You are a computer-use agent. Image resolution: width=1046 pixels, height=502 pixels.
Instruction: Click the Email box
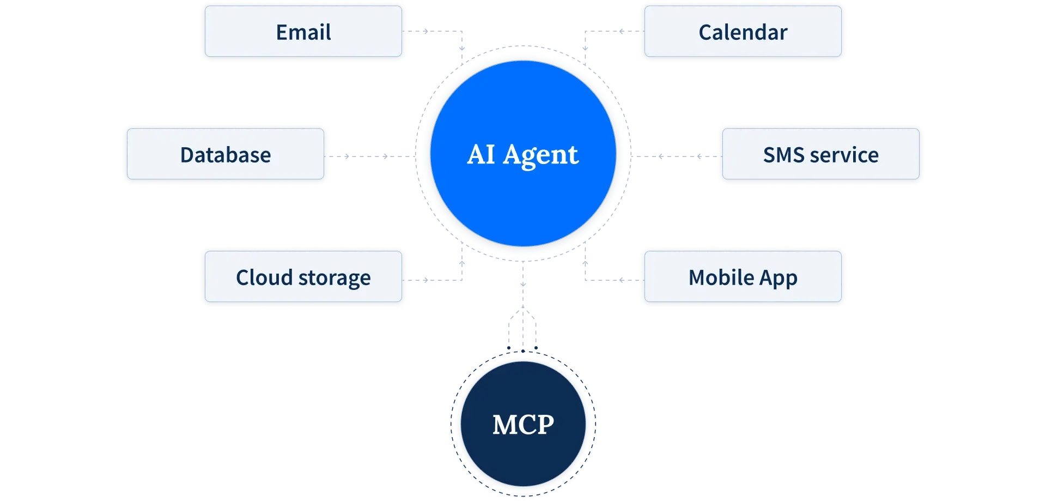(303, 32)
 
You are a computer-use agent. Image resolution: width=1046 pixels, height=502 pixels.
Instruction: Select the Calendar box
(743, 32)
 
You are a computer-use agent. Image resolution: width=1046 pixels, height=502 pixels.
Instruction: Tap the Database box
(226, 155)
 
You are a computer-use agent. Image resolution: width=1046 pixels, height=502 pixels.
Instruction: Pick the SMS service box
(820, 155)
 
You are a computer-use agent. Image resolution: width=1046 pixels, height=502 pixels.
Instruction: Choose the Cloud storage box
(303, 277)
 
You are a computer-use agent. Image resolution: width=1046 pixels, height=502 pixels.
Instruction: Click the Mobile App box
(743, 277)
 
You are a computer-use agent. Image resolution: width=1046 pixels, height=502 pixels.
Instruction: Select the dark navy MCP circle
(523, 458)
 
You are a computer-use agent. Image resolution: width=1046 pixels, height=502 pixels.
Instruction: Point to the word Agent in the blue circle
(540, 155)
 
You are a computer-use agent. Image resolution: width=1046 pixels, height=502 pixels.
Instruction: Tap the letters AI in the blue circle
(481, 154)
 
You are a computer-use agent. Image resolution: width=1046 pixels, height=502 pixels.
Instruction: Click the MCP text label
(523, 425)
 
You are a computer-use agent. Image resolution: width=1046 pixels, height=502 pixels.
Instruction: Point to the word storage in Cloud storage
(335, 279)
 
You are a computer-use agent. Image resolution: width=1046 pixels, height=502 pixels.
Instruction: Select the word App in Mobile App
(779, 279)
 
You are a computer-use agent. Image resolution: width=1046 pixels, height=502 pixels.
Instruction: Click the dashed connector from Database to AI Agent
(370, 156)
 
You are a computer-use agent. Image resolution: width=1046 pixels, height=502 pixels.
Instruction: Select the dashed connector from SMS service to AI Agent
(676, 156)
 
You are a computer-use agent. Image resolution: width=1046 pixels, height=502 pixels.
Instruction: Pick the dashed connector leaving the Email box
(436, 31)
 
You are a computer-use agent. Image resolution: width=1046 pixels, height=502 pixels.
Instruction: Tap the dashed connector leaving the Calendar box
(610, 31)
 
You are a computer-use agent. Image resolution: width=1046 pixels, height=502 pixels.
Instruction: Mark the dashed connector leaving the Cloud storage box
(436, 280)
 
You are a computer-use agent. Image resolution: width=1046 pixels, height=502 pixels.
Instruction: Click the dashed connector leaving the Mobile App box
(610, 280)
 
